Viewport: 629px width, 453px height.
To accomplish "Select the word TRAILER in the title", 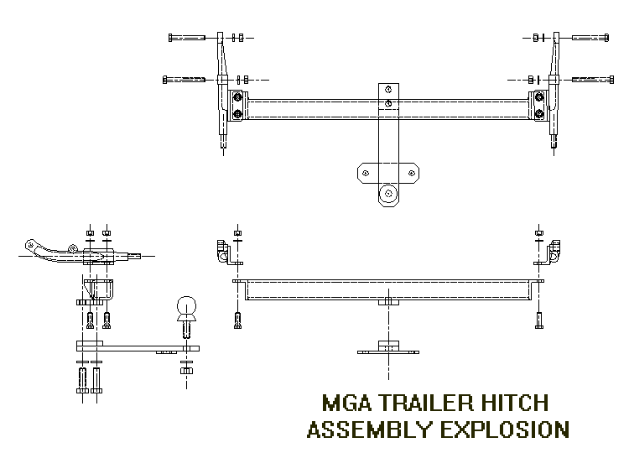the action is point(425,403).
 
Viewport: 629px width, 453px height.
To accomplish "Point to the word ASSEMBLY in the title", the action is point(370,430).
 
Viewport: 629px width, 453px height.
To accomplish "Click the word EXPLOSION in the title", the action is point(505,430).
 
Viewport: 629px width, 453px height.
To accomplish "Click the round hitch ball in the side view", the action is point(186,306).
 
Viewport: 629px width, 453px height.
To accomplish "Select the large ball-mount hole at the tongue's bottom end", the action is point(388,194).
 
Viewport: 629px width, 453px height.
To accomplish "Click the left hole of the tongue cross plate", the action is point(366,174).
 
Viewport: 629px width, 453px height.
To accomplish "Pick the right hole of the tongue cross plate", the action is point(412,174).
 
